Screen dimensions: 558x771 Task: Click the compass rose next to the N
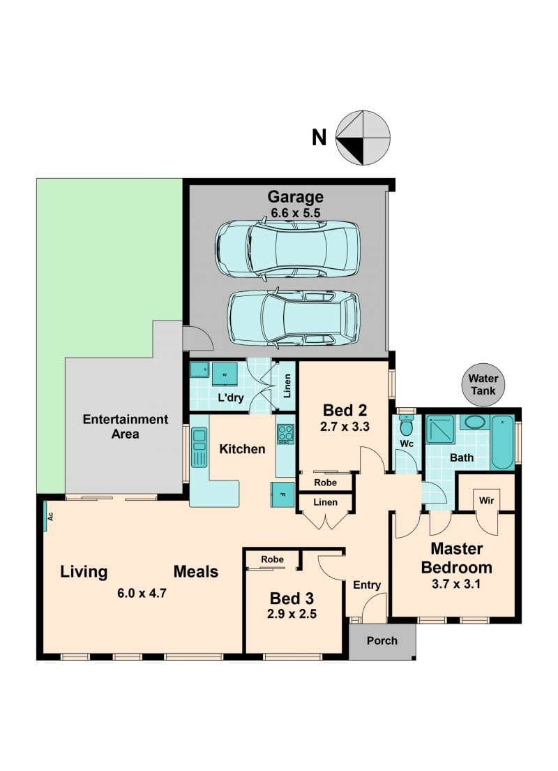coord(363,138)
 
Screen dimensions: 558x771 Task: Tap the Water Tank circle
coord(483,385)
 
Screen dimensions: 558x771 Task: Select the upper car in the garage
coord(287,250)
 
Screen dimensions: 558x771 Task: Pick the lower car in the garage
coord(293,318)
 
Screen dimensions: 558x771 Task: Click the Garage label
coord(295,197)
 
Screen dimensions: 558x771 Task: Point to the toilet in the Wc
coord(407,425)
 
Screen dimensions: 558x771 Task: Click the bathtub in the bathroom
coord(502,442)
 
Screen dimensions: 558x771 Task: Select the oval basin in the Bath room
coord(474,422)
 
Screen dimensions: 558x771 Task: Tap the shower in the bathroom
coord(440,429)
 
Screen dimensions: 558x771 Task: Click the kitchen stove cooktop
coord(285,434)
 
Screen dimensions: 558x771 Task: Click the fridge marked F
coord(282,494)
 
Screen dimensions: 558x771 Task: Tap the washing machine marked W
coord(225,375)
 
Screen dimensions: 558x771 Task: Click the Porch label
coord(382,640)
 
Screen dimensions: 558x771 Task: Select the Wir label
coord(486,501)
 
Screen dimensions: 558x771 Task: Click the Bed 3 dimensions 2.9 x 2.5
coord(292,614)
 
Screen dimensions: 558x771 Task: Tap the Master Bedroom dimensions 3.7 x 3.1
coord(456,584)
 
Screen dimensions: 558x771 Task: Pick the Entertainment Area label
coord(126,427)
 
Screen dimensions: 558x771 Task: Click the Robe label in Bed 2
coord(325,483)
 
